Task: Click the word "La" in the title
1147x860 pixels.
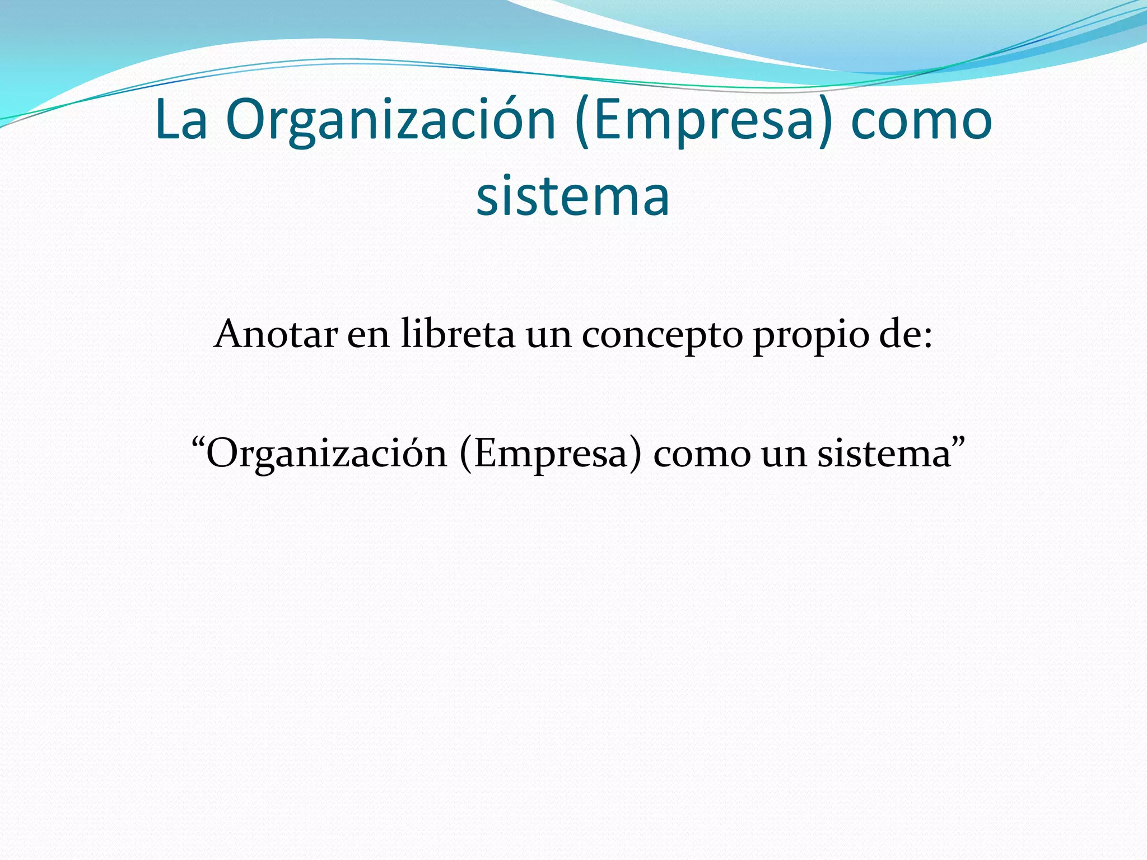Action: [181, 120]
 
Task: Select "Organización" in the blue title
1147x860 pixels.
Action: [390, 121]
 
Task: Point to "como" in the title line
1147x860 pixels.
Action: [921, 121]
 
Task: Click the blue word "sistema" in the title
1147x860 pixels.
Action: [573, 196]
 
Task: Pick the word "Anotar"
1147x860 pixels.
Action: [276, 334]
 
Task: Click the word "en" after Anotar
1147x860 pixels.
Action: [368, 335]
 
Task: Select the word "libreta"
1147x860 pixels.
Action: [458, 334]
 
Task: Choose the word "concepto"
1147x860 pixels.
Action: [662, 336]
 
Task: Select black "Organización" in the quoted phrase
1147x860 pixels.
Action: [327, 454]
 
